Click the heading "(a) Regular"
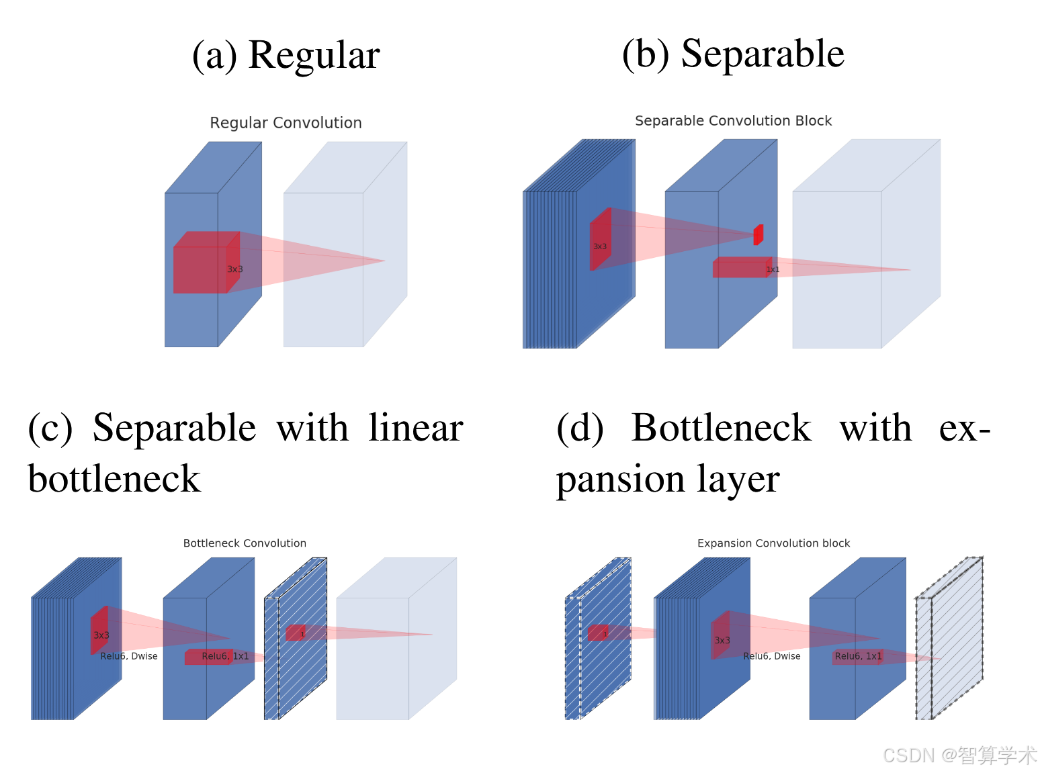(x=286, y=55)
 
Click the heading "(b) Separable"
(x=733, y=54)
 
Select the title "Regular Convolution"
(x=286, y=123)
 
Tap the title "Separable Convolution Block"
(x=733, y=121)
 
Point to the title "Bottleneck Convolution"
(x=245, y=543)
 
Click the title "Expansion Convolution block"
(x=773, y=543)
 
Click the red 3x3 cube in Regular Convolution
(x=202, y=265)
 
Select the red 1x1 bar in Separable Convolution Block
(x=740, y=267)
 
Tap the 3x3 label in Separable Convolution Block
(x=600, y=246)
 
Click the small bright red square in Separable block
(x=759, y=235)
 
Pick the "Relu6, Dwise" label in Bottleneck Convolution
(x=129, y=656)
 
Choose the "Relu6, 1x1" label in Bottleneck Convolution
(x=225, y=656)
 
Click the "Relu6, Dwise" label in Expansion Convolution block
(x=772, y=656)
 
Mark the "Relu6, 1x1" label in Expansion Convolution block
(x=858, y=656)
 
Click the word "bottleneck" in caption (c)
(x=114, y=480)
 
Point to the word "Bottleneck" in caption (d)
(x=721, y=428)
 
